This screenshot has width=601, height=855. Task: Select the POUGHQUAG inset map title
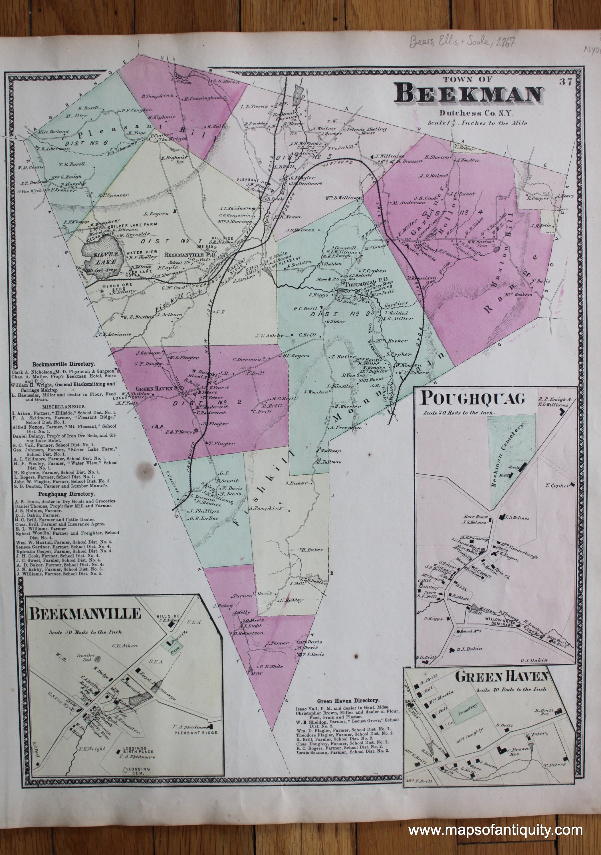[x=473, y=399]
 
